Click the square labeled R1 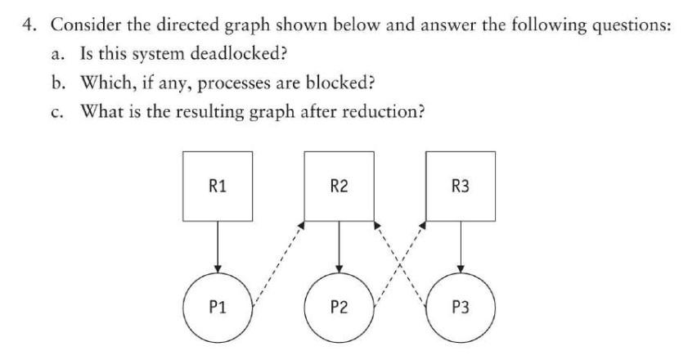tap(217, 187)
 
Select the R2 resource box tap(339, 187)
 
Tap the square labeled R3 tap(461, 187)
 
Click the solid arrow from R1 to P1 tap(217, 247)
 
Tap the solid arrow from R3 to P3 tap(461, 247)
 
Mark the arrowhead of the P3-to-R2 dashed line tap(376, 223)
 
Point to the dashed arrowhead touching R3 tap(424, 223)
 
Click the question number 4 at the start tap(28, 25)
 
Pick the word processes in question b tap(250, 82)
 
